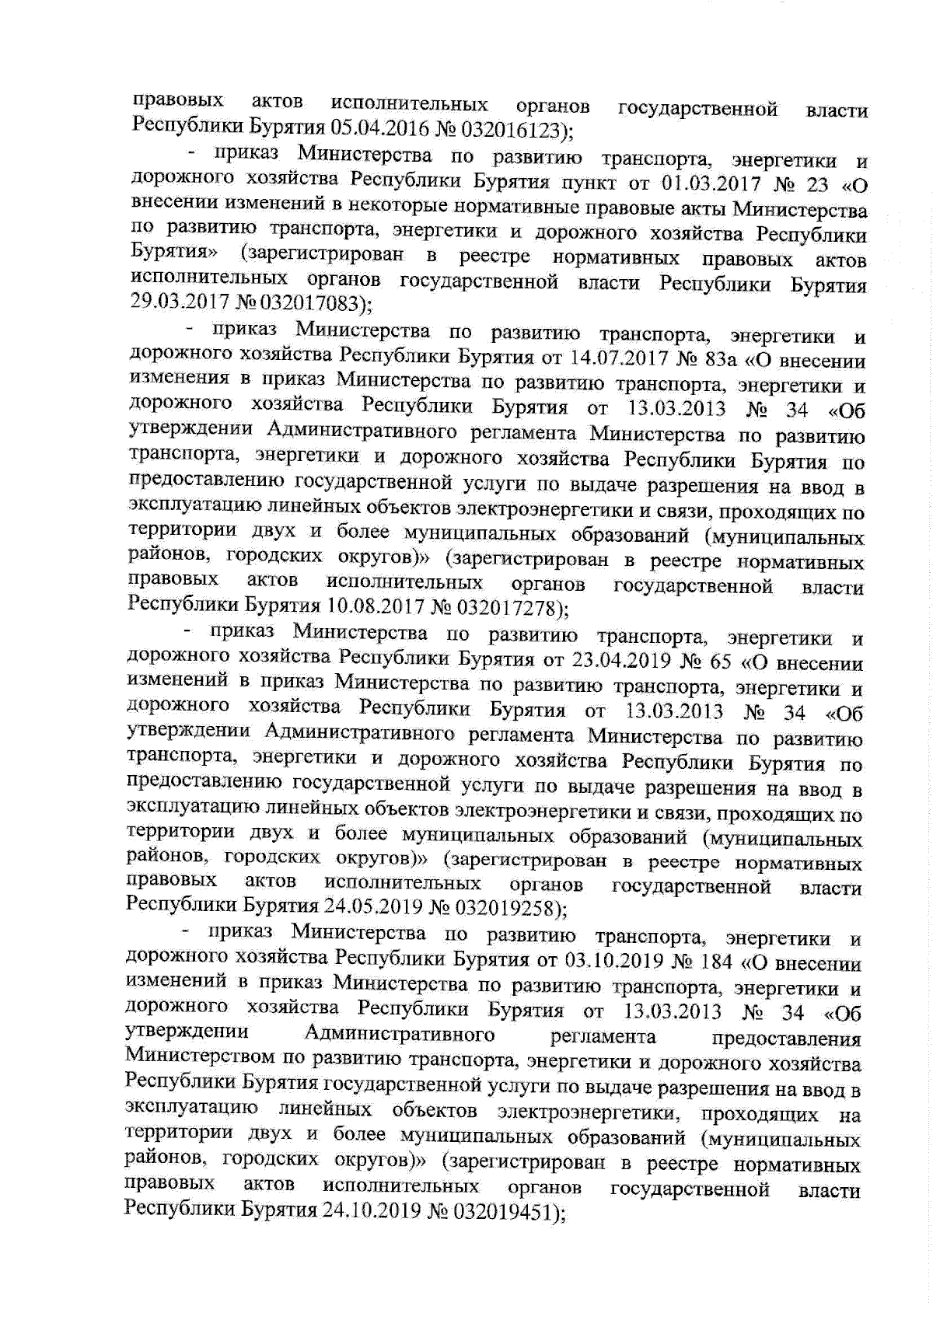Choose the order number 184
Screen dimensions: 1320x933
pos(717,963)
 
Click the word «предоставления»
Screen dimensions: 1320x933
pos(786,1038)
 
